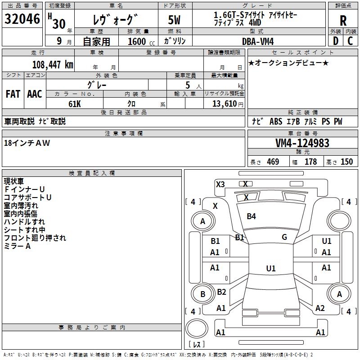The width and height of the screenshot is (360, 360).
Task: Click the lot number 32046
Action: [22, 20]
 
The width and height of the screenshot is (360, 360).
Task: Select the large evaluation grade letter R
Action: [343, 21]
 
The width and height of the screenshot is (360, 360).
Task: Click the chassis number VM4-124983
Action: [302, 143]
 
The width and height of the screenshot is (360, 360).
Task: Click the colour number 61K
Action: [75, 103]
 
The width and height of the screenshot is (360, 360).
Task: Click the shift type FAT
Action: [13, 94]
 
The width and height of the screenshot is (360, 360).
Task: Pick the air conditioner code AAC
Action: [35, 94]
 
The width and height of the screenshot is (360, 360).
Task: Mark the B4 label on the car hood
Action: [251, 216]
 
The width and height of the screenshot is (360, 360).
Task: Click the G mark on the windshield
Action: [284, 237]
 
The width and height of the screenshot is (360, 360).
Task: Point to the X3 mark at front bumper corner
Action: [220, 184]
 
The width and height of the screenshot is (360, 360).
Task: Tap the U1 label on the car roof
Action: [270, 269]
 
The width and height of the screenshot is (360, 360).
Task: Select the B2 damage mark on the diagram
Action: [221, 292]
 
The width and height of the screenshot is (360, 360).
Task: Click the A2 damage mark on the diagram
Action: [320, 308]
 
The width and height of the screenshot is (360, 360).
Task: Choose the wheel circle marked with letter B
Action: [202, 294]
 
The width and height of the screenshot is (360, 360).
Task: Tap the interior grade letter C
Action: [351, 41]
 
